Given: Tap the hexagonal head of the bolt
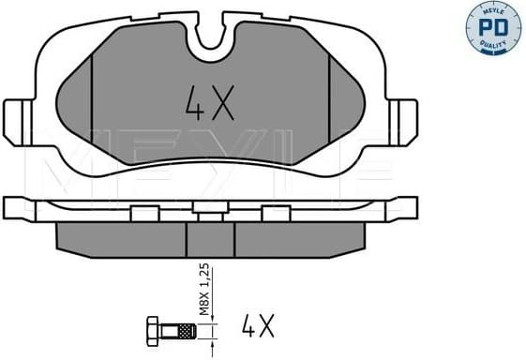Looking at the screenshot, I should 154,329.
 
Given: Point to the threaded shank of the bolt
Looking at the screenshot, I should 180,329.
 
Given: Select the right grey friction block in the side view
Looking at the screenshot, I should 298,239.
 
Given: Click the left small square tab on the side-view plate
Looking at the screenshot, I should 144,213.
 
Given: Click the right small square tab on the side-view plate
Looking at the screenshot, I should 275,213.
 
